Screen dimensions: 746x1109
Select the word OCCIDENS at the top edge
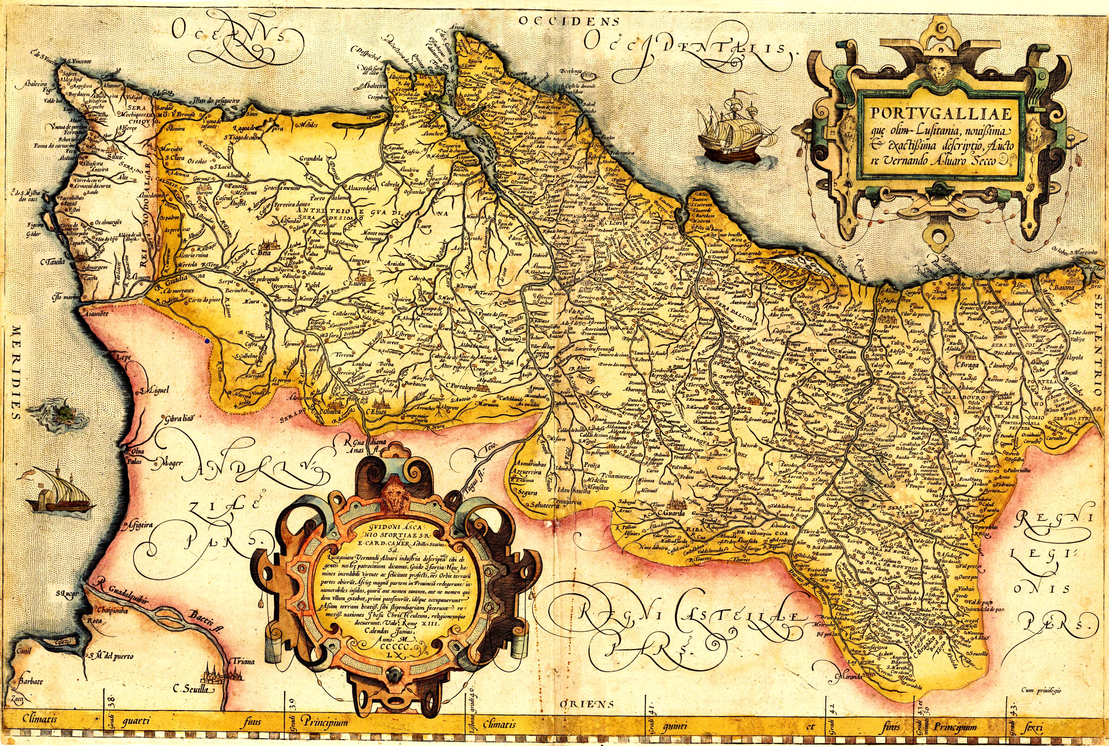[568, 21]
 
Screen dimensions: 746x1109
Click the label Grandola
[311, 159]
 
